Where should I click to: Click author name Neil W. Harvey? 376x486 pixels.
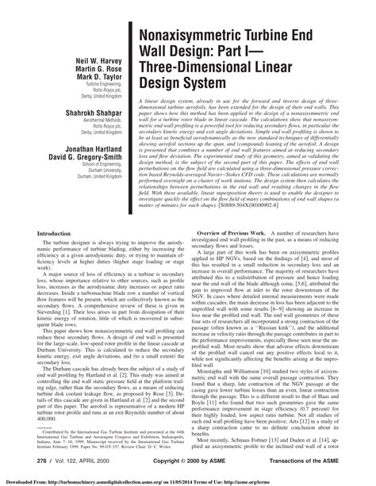point(93,60)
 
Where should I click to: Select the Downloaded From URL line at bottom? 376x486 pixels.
point(187,480)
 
